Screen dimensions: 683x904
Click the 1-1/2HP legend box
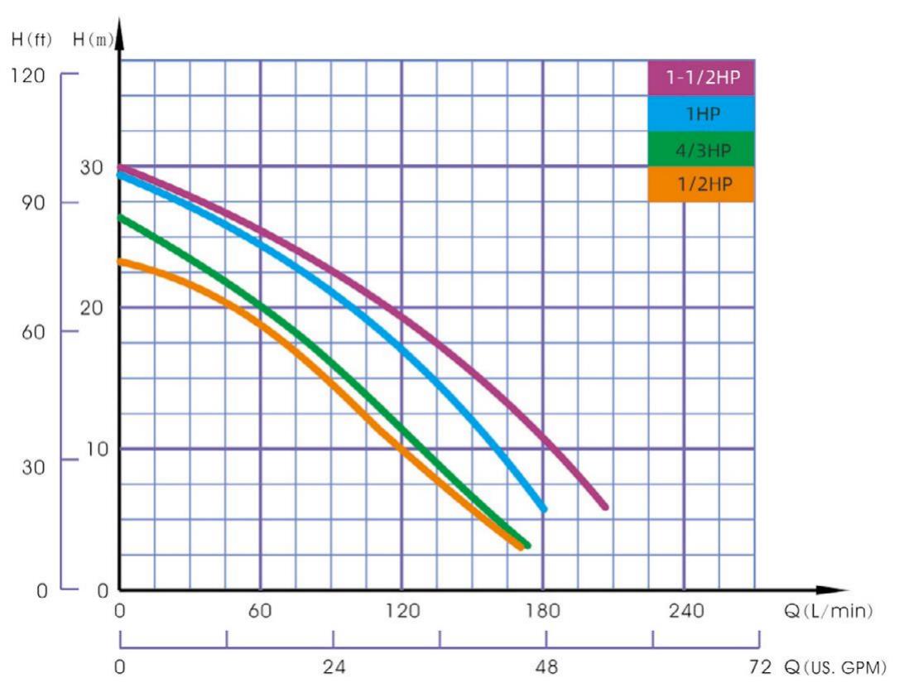[700, 79]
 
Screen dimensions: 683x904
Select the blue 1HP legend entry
[700, 114]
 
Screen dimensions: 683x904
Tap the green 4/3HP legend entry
[700, 149]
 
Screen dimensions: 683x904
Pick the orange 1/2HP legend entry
[700, 184]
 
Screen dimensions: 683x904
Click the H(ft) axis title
[31, 39]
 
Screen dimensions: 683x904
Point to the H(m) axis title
[93, 39]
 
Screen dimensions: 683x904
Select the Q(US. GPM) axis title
[838, 666]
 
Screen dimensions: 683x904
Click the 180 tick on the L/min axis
[543, 612]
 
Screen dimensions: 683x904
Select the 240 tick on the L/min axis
[685, 612]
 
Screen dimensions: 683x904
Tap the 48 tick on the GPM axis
[546, 666]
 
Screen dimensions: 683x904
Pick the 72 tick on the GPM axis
[758, 666]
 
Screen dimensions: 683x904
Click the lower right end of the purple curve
[605, 507]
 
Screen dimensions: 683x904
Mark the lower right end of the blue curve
[543, 508]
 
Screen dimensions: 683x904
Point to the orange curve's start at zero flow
[121, 262]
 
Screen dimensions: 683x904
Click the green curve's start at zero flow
[121, 218]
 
